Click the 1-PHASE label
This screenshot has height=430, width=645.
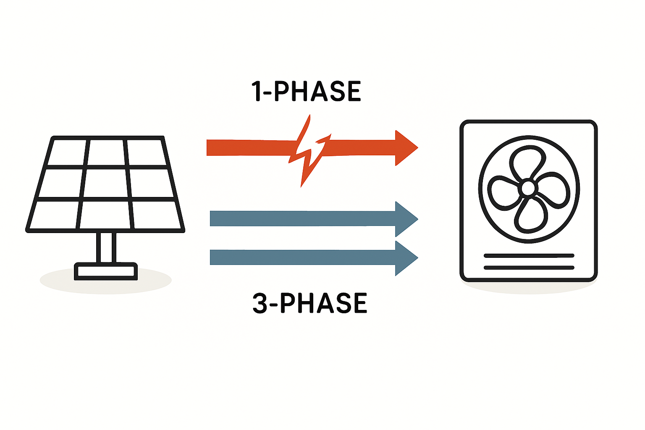point(306,91)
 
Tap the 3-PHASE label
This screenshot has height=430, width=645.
point(310,303)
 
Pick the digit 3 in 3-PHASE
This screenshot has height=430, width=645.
point(260,303)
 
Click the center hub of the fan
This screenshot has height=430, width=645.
point(527,188)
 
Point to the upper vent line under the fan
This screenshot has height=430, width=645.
point(529,255)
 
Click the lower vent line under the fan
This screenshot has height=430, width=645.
point(529,267)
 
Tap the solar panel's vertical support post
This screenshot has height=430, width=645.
point(106,247)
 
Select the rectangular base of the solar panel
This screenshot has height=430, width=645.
point(106,271)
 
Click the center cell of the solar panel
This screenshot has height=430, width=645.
point(107,183)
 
